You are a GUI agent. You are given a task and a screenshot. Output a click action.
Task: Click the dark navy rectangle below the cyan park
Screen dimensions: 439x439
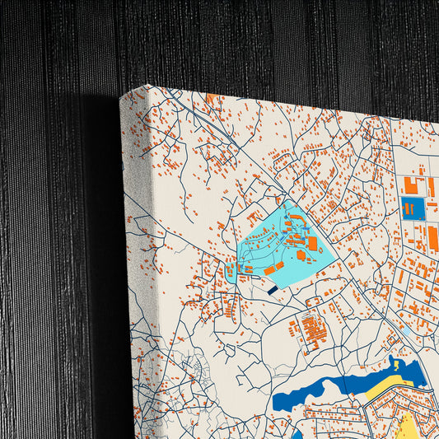[x=273, y=289]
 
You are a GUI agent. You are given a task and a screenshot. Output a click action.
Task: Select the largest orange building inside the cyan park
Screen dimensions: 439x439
[x=312, y=243]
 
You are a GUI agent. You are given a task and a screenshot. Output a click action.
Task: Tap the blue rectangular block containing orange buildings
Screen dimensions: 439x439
[x=413, y=208]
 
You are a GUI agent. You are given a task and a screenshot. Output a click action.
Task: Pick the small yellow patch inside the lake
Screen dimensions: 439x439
[x=398, y=363]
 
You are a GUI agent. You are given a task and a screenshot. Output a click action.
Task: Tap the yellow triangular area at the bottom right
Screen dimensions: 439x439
[x=409, y=424]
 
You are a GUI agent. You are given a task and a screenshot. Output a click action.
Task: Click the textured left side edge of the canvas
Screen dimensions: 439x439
[x=135, y=247]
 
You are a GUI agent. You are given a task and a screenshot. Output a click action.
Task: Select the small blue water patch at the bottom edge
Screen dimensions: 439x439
[x=296, y=432]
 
